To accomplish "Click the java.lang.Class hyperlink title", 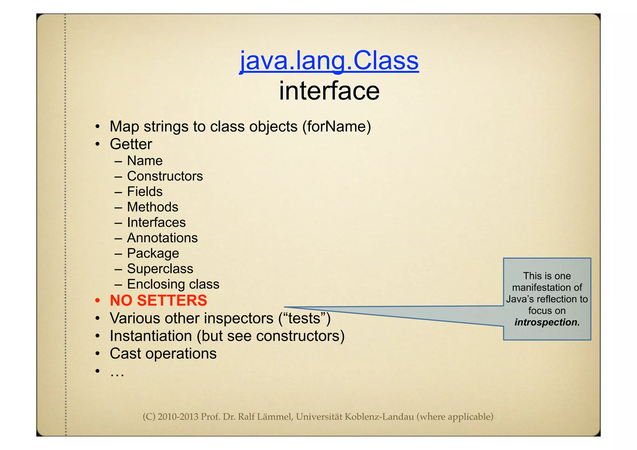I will [x=329, y=61].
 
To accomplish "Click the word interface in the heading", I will [x=329, y=91].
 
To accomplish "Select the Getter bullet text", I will [x=131, y=144].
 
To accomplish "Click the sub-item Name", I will [x=145, y=161].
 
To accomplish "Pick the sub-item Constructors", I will [x=165, y=176].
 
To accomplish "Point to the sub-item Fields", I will [x=145, y=192].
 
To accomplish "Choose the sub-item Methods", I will [x=152, y=207].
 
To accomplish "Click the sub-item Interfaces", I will [x=156, y=222].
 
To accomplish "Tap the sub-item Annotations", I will [x=162, y=238].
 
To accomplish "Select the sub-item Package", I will [x=153, y=253].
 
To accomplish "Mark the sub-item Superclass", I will [x=160, y=269].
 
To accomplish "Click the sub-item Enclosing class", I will [x=173, y=284].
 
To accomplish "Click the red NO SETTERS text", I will [x=158, y=301].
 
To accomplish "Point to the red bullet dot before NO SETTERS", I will [x=98, y=301].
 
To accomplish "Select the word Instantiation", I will [x=151, y=336].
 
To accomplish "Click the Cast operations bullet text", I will [x=163, y=354].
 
